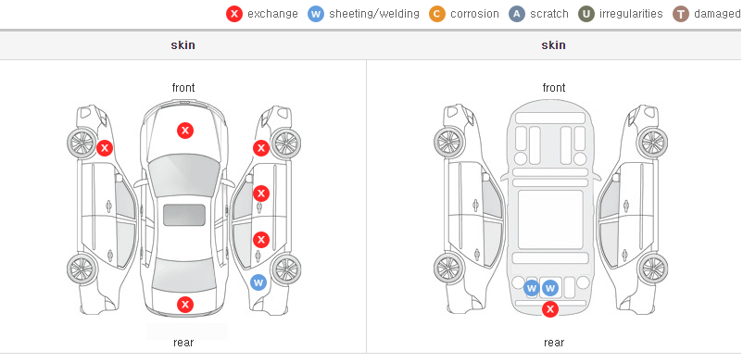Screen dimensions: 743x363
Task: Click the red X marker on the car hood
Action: coord(185,131)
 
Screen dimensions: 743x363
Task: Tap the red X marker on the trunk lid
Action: coord(185,305)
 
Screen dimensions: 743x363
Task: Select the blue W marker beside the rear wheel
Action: coord(258,283)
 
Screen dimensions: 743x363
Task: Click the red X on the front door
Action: coord(261,194)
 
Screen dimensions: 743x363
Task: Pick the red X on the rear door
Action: coord(261,240)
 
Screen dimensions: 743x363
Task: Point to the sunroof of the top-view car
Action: coord(184,215)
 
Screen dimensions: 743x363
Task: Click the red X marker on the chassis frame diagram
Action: coord(550,309)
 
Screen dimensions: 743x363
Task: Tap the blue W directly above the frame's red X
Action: coord(550,288)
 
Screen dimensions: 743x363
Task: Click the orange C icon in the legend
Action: coord(437,14)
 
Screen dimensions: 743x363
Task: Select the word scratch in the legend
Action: coord(549,14)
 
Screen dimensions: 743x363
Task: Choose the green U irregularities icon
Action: coord(586,14)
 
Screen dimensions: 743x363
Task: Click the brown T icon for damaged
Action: coord(680,14)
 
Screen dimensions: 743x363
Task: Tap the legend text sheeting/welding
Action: coord(374,14)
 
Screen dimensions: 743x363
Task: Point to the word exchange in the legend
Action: coord(272,14)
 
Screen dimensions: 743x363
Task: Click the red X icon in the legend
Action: coord(234,14)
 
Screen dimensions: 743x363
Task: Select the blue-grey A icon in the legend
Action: coord(517,14)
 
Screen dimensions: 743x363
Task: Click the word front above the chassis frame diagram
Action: coord(554,88)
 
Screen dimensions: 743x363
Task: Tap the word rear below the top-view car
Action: coord(183,343)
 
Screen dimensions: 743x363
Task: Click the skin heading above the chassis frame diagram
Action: coord(553,45)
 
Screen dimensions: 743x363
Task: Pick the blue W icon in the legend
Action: coord(316,14)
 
